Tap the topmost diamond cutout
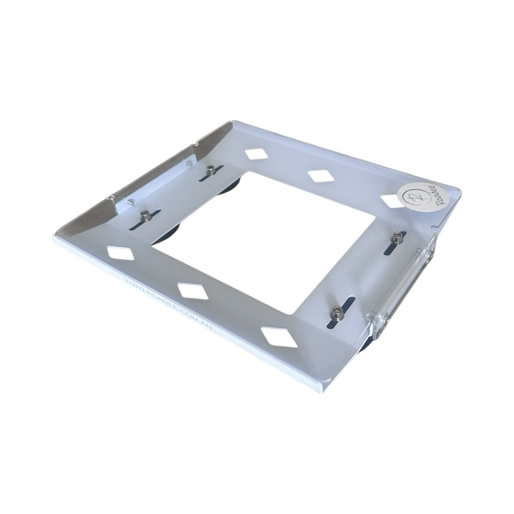click(x=255, y=155)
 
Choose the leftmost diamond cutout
click(x=121, y=253)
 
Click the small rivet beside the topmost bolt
click(x=188, y=162)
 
